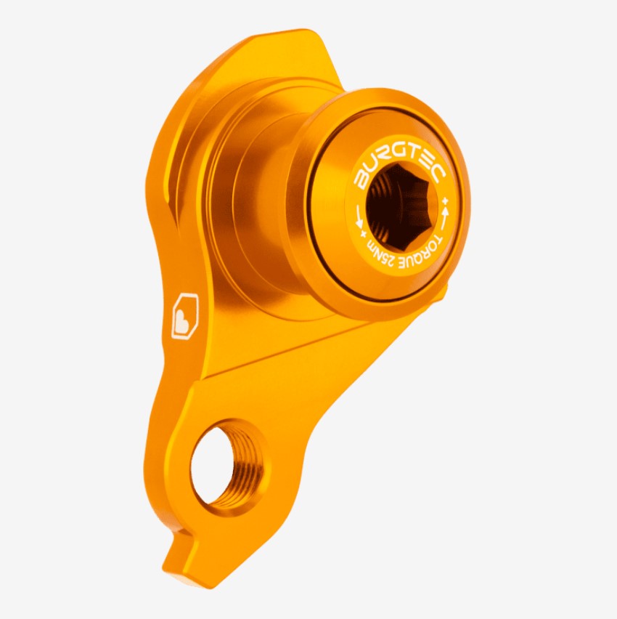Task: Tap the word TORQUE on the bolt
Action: coord(425,252)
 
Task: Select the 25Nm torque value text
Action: coord(379,258)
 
